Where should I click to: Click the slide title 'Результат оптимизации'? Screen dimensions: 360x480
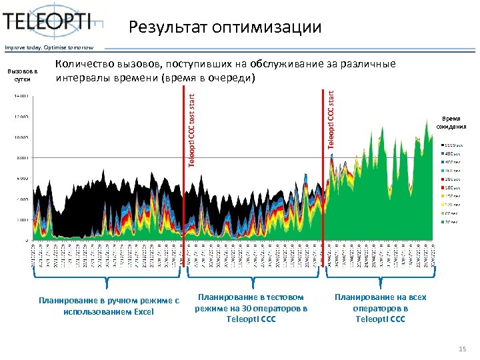click(x=225, y=27)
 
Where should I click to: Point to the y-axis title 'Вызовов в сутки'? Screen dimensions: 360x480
click(x=23, y=75)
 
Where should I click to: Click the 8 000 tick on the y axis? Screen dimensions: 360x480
click(x=22, y=158)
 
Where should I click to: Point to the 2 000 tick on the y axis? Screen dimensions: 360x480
click(x=22, y=219)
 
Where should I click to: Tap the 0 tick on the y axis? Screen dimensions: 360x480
click(x=27, y=240)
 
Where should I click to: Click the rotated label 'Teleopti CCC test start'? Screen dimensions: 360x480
click(x=191, y=130)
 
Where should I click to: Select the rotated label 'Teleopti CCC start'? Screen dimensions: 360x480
click(x=331, y=120)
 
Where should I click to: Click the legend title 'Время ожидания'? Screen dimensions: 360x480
click(x=451, y=122)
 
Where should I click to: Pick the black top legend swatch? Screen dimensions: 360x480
click(x=443, y=145)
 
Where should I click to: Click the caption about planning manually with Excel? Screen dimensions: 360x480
click(x=109, y=306)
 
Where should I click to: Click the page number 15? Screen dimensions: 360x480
click(x=463, y=349)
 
